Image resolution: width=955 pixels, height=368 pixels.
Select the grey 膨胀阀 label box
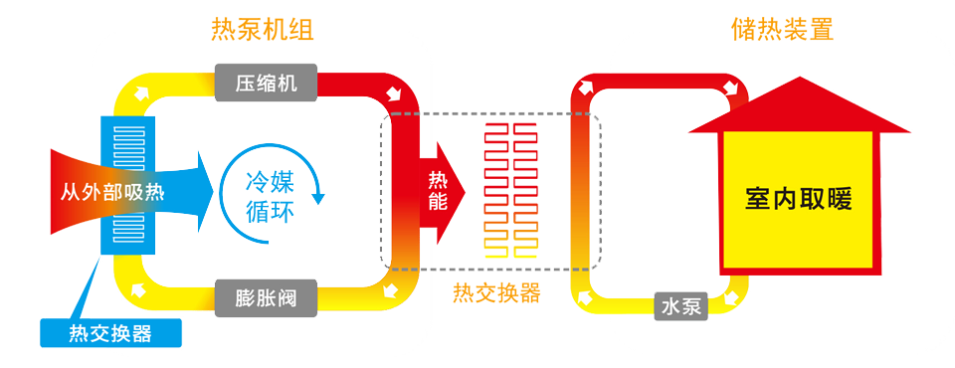coord(266,296)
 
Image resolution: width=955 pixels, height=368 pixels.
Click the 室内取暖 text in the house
coord(799,199)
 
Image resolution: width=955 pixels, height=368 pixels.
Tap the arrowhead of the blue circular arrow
coord(318,197)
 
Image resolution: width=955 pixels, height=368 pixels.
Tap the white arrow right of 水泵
coord(734,297)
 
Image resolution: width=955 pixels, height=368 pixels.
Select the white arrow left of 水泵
coord(584,298)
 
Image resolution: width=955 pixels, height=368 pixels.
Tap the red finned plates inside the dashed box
coord(507,189)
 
